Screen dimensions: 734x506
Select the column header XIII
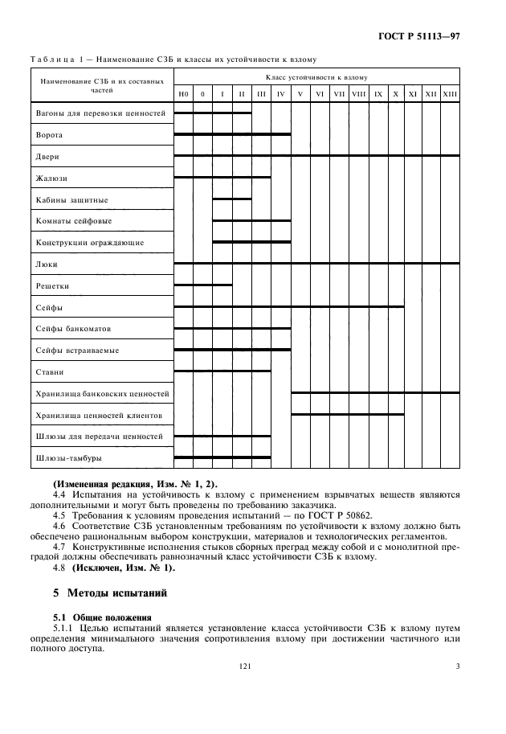click(x=450, y=94)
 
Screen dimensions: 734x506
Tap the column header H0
click(x=183, y=94)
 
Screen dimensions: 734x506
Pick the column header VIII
click(x=358, y=94)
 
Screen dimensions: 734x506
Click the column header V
click(x=300, y=94)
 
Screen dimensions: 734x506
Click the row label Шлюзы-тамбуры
click(x=69, y=458)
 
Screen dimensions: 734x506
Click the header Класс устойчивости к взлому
click(x=316, y=77)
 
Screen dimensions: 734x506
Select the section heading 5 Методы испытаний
click(x=108, y=595)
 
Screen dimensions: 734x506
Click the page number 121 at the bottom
click(x=245, y=666)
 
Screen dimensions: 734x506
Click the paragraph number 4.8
click(x=59, y=568)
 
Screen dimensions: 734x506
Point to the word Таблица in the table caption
click(x=51, y=59)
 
